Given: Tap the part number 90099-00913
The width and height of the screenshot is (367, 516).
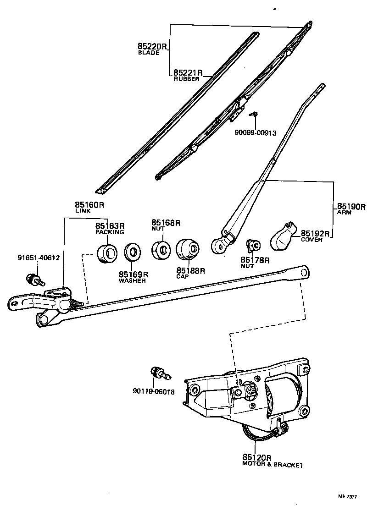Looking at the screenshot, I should coord(256,133).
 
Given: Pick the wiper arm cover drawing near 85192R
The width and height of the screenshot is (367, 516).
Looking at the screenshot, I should coord(282,237).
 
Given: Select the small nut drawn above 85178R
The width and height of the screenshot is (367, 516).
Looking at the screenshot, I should coord(254,246).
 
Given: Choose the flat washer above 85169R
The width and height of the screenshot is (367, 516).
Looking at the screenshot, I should coord(133,253).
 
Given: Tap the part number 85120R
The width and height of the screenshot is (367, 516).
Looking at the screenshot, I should coord(257,458).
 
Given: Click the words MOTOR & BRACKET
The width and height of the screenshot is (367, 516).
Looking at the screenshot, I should coord(272,465).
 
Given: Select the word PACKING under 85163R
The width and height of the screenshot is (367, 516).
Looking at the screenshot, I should coord(110,232).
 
